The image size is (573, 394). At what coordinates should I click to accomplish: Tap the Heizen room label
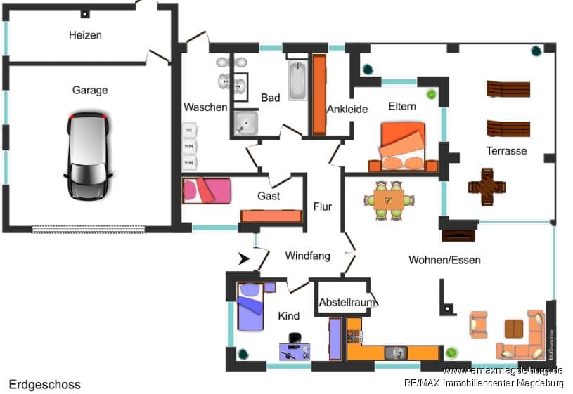pos(85,35)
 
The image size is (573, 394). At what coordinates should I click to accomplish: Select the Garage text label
pos(90,90)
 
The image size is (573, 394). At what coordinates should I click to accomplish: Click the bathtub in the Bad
pos(297,81)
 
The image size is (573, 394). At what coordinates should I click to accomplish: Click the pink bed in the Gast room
pos(206,190)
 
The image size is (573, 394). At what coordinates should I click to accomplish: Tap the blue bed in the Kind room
pos(250,306)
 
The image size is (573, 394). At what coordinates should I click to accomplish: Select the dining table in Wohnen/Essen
pos(388,200)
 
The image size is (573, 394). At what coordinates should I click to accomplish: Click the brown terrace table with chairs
pos(487,186)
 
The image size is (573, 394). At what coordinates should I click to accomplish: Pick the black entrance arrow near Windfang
pos(245,259)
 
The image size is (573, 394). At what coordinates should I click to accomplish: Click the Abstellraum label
pos(342,302)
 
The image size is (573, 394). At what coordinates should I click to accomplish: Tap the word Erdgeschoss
pos(45,385)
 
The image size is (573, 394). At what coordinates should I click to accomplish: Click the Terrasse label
pos(506,151)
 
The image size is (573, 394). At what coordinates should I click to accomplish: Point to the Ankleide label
pos(347,109)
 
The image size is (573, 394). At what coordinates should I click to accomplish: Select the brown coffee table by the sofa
pos(514,329)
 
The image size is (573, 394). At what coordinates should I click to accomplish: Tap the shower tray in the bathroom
pos(246,123)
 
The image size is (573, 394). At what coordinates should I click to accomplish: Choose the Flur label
pos(323,206)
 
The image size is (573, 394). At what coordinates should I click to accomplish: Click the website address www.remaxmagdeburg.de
pos(503,370)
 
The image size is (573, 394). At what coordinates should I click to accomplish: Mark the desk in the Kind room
pos(295,350)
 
